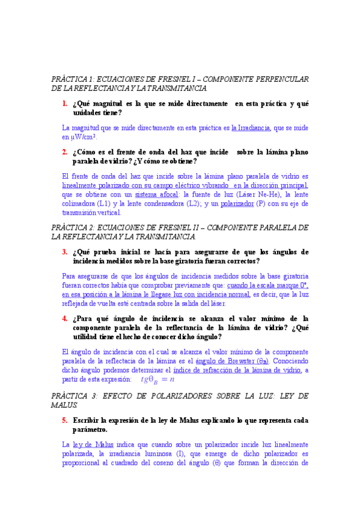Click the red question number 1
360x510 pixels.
(64, 103)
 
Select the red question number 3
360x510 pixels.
(64, 235)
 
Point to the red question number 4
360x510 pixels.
(64, 319)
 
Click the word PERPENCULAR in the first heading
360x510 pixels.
(272, 79)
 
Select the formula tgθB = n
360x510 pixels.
(157, 379)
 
